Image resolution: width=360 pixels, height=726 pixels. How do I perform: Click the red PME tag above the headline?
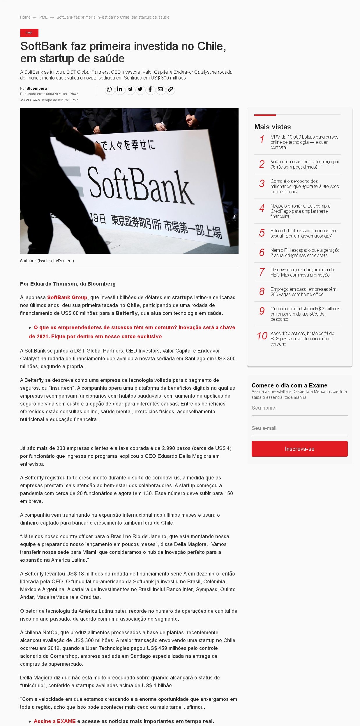click(x=29, y=33)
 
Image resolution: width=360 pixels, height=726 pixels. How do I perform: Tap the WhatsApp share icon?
click(x=109, y=89)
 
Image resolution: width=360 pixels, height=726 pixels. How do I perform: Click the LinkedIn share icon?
click(x=119, y=89)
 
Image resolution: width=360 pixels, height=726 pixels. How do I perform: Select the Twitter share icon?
click(x=140, y=89)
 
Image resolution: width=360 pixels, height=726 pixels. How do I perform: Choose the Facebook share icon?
click(x=150, y=89)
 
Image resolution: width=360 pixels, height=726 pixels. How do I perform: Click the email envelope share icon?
click(x=160, y=89)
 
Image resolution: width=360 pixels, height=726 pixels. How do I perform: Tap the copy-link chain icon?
click(x=170, y=89)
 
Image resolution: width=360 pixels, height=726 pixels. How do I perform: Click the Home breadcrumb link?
click(x=25, y=17)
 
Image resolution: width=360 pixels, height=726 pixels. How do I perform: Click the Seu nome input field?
click(x=299, y=408)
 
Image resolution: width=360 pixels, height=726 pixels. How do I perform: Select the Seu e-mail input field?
click(x=299, y=428)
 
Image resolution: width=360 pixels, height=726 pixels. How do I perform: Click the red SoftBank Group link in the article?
click(x=67, y=298)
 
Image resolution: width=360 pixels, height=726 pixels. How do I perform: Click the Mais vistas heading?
click(x=272, y=127)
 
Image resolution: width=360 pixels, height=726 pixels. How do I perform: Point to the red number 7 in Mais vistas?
click(x=262, y=272)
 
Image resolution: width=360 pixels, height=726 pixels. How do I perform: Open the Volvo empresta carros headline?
click(x=305, y=164)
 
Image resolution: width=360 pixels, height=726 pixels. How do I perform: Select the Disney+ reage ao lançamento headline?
click(x=302, y=272)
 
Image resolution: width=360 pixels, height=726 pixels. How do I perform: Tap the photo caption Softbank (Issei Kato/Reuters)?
click(x=47, y=261)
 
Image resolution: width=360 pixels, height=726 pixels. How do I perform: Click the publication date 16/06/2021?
click(x=53, y=94)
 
